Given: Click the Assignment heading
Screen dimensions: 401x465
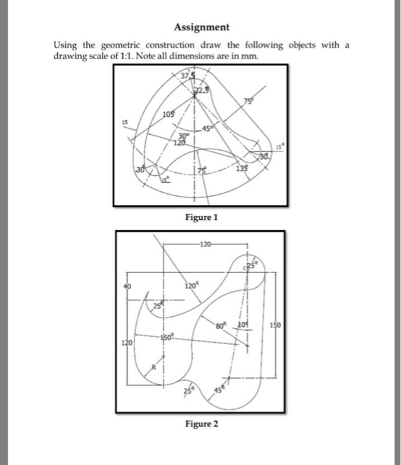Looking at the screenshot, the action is click(201, 27).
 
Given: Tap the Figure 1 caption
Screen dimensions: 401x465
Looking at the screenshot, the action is click(201, 217).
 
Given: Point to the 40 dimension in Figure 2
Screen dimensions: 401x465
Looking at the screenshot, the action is click(123, 286).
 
